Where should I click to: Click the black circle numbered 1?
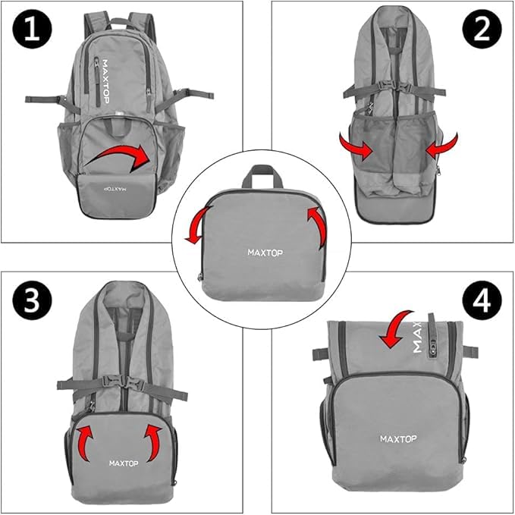(32, 30)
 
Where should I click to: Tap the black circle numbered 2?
(482, 30)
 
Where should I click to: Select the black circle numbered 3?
(32, 300)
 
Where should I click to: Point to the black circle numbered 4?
(482, 300)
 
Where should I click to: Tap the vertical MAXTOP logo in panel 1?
(105, 81)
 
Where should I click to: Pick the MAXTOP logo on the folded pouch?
(265, 253)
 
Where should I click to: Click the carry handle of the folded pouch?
(262, 171)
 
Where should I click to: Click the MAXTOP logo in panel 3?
(124, 463)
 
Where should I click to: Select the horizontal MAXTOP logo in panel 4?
(398, 439)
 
